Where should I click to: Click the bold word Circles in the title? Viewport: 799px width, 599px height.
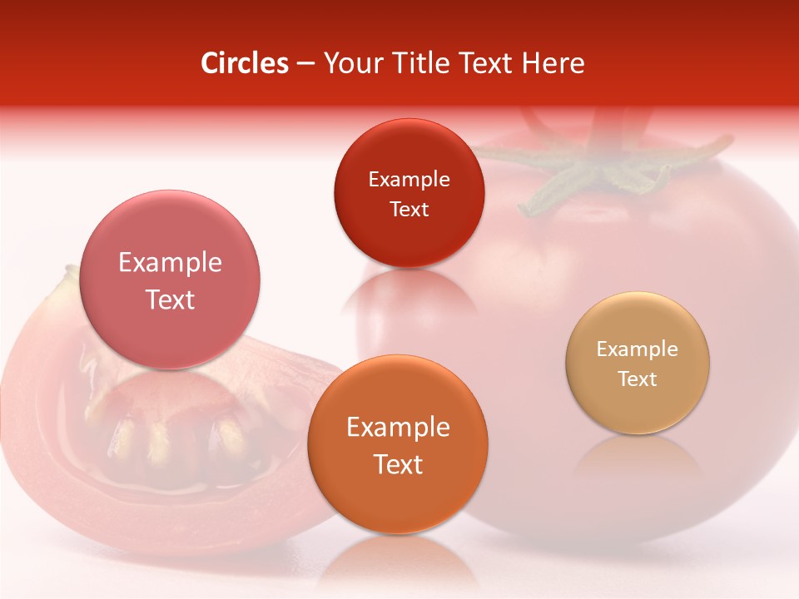245,63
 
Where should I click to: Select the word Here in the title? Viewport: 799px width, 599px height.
552,63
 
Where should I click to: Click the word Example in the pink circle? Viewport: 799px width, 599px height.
170,263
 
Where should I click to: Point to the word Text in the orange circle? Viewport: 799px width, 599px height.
398,464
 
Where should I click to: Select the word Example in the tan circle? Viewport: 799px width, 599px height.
638,349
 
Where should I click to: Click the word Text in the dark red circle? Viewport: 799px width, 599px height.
409,210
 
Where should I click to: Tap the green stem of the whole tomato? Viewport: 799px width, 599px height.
599,166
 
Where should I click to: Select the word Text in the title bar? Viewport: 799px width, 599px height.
484,63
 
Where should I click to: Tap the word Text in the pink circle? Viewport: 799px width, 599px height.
170,300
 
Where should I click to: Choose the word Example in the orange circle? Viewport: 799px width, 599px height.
398,428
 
